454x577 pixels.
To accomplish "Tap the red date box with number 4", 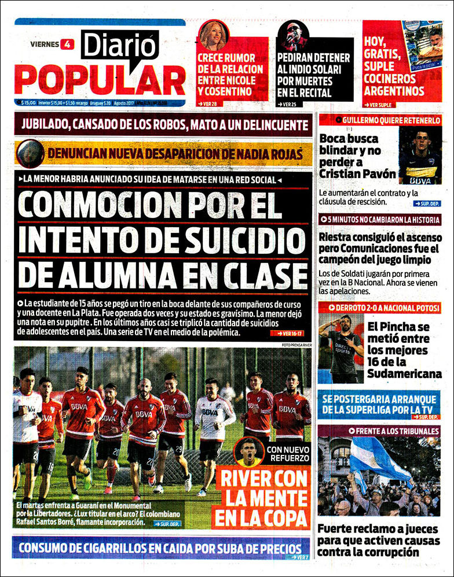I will point(68,44).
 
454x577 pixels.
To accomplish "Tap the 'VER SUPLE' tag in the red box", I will point(379,105).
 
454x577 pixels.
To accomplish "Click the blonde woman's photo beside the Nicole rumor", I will point(214,36).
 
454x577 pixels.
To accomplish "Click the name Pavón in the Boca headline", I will point(377,173).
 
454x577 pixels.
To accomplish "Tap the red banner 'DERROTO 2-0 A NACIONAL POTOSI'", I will point(379,308).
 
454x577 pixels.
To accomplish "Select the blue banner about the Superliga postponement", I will point(379,404).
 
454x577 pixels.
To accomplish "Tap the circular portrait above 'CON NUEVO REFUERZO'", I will point(248,453).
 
